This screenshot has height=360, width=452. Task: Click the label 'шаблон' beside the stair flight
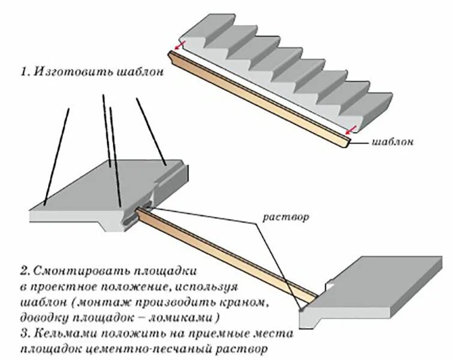pyautogui.click(x=393, y=142)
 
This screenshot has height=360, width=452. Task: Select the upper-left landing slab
pyautogui.click(x=108, y=186)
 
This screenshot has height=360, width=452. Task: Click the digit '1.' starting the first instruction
pyautogui.click(x=25, y=72)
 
